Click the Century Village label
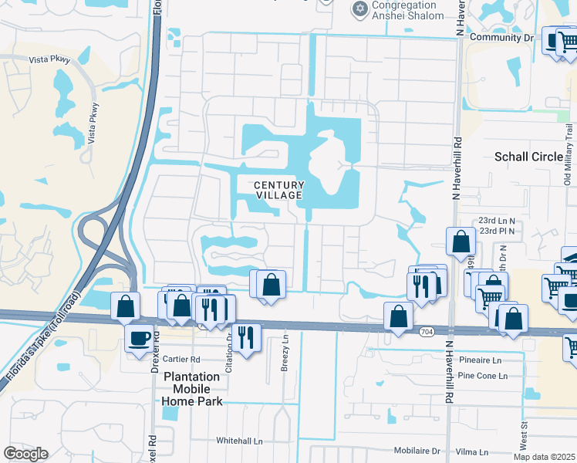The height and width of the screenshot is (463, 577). [279, 190]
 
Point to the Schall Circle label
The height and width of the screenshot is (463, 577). [528, 157]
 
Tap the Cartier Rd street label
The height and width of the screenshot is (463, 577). [182, 360]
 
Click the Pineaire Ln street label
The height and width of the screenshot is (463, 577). [479, 360]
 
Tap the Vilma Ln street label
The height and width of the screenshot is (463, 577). [472, 452]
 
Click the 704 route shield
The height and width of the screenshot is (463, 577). [427, 331]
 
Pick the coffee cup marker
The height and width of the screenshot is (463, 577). [140, 338]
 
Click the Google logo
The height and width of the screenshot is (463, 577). [25, 454]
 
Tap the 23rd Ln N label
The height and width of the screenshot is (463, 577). [496, 220]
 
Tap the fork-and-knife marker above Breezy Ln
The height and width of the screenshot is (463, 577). [246, 337]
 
